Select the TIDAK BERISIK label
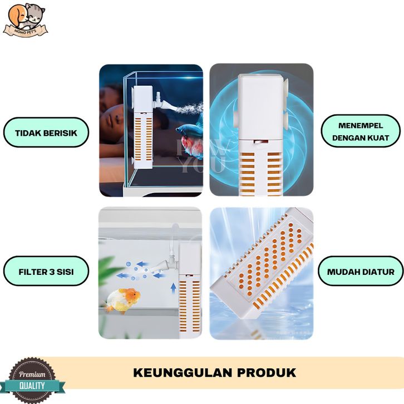(46, 132)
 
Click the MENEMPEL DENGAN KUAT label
(361, 132)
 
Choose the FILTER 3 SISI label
(46, 273)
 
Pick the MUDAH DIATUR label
(361, 272)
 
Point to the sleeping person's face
(114, 106)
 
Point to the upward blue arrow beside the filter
(173, 288)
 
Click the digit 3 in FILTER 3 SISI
(48, 273)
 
